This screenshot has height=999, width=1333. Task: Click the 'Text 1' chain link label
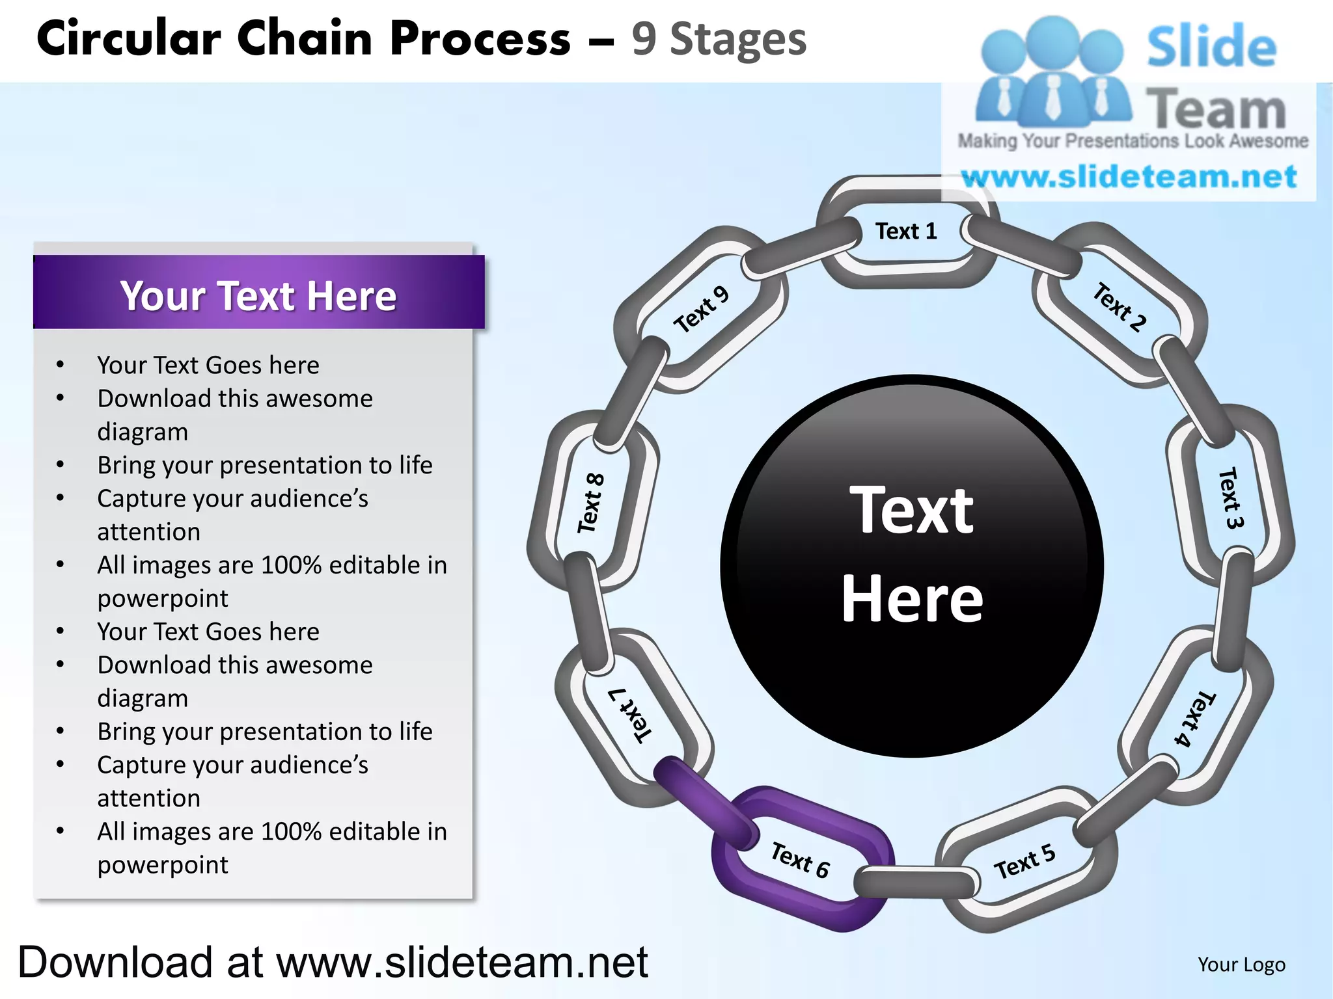pos(905,232)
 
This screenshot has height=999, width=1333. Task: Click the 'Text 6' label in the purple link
pos(800,859)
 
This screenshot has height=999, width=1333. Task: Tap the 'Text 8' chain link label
pos(591,503)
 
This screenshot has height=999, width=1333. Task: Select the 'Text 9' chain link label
pos(701,310)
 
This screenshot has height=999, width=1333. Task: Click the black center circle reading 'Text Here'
pos(911,566)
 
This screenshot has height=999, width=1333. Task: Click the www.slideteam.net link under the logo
pos(1129,177)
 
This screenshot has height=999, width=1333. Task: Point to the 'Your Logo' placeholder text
pos(1241,965)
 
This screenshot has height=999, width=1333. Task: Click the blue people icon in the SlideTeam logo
pos(1052,72)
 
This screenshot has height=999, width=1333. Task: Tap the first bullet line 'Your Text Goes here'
pos(208,366)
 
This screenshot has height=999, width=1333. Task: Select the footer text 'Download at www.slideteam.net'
pos(333,963)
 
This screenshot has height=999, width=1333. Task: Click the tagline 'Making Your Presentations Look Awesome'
pos(1133,141)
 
